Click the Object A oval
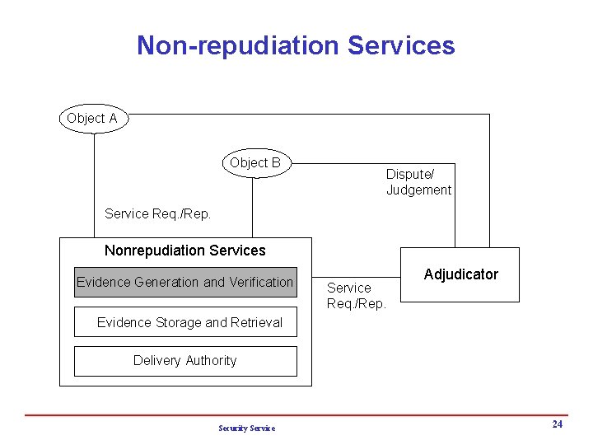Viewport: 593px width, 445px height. pos(92,119)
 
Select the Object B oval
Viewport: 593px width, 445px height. pos(255,163)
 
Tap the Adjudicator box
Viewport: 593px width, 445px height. pos(460,274)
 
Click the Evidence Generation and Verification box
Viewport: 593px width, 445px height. pos(184,282)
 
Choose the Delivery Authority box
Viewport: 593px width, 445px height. pos(185,361)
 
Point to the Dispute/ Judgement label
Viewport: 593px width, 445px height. pos(418,182)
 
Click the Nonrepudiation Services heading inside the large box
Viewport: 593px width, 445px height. pos(185,251)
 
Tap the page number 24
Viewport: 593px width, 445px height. pos(558,424)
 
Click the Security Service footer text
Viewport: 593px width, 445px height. pos(247,428)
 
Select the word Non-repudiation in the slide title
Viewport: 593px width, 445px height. pos(238,45)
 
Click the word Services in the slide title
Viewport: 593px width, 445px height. pos(401,45)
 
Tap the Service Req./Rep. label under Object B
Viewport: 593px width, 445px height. pos(158,214)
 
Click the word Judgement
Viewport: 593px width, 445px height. pos(418,190)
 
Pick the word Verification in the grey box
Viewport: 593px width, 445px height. pos(261,282)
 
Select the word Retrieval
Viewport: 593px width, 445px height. pos(255,322)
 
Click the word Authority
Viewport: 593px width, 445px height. pos(209,361)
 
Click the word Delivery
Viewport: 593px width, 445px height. pos(156,361)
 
